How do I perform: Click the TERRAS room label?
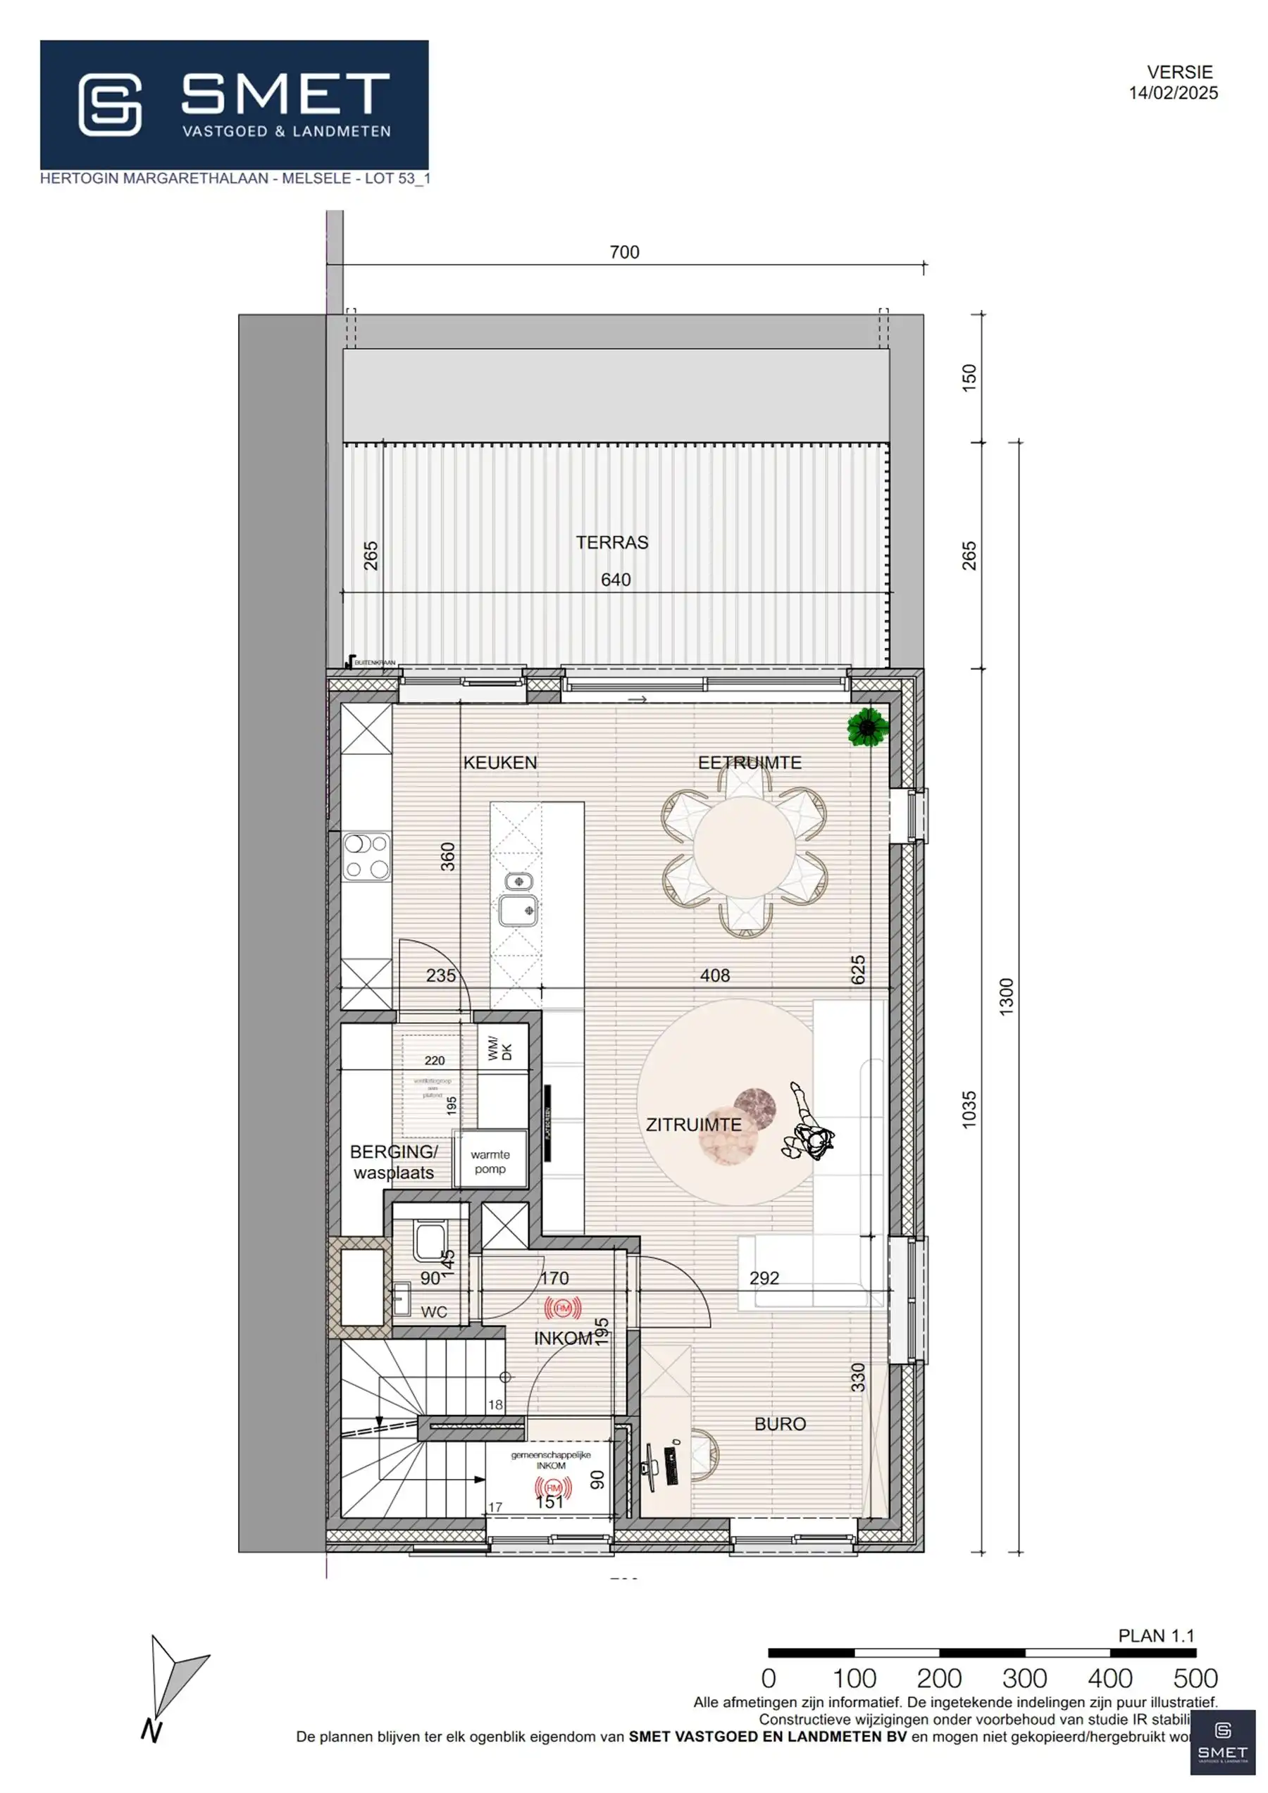pos(611,543)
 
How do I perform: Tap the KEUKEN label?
pos(500,763)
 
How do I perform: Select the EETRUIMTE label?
pos(750,763)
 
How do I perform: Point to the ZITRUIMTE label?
pos(693,1125)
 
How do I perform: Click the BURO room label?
pos(780,1423)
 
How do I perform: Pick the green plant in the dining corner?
pos(867,727)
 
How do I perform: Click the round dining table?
pos(745,849)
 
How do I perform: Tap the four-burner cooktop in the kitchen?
pos(366,856)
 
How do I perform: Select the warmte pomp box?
pos(490,1161)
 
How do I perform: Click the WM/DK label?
pos(499,1048)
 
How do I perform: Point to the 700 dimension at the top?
pos(624,252)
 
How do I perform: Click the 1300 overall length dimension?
pos(1006,997)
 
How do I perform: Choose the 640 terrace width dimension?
pos(616,580)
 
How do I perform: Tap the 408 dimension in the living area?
pos(715,975)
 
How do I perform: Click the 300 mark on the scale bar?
pos(1024,1678)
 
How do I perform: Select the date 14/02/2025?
pos(1173,93)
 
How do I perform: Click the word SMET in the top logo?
pos(285,94)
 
